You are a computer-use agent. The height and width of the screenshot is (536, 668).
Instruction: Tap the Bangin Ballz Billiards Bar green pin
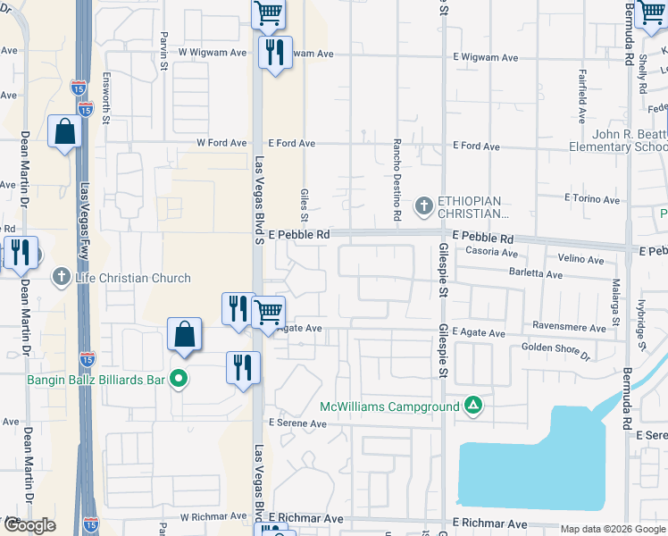tap(179, 379)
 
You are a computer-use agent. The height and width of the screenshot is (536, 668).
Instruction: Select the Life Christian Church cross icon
tap(62, 277)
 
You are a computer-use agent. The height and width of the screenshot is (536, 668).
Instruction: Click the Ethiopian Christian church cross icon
tap(424, 207)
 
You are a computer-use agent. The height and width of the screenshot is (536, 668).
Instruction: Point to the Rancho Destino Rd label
tap(396, 180)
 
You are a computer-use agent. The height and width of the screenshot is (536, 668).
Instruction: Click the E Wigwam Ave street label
tap(485, 57)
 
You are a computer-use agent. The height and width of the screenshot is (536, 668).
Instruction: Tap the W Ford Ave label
tap(221, 143)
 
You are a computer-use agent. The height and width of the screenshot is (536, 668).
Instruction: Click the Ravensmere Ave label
tap(569, 328)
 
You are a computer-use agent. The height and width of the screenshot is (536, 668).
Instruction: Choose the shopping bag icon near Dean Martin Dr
tap(65, 132)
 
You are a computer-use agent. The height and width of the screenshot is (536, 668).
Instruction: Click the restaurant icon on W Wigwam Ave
tap(274, 52)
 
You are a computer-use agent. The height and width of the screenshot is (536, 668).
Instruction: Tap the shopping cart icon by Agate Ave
tap(268, 312)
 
